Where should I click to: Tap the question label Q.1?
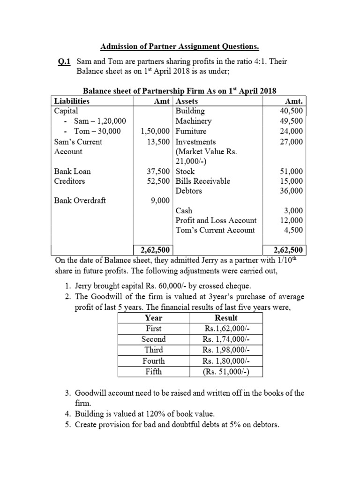point(64,61)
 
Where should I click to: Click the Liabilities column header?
point(72,101)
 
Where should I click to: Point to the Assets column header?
point(186,101)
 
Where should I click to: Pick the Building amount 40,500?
point(291,111)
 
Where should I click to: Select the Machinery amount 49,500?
point(291,121)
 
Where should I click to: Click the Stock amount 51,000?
point(291,172)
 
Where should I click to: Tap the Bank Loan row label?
point(73,172)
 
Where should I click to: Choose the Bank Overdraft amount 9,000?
point(159,201)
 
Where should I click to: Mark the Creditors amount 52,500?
point(157,181)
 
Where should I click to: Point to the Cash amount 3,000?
point(293,211)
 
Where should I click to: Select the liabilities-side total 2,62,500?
point(153,250)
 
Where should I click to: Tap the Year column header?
point(153,318)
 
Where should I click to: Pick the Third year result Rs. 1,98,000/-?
point(225,350)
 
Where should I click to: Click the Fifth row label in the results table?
point(153,371)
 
